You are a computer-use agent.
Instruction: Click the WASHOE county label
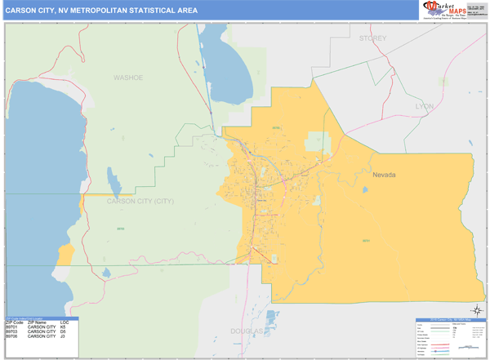point(128,78)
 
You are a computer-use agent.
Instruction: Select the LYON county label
point(425,106)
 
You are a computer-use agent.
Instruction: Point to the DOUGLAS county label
point(246,331)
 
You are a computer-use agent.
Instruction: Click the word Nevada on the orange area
point(388,176)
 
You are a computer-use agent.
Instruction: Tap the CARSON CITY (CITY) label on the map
point(140,200)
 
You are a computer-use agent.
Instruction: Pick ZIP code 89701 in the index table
point(12,327)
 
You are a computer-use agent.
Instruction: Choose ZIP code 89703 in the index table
point(12,331)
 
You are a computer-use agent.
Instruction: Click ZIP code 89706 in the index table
point(12,336)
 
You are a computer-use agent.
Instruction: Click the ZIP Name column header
point(38,322)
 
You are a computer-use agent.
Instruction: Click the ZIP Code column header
point(13,322)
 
